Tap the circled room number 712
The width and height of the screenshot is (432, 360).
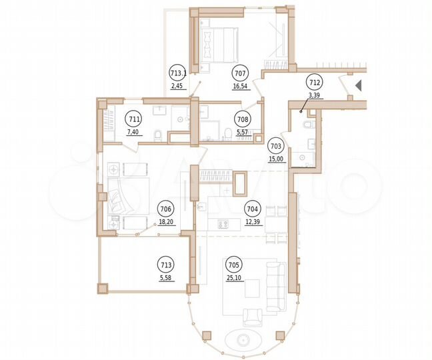tap(314, 83)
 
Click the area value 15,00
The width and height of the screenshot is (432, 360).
tap(275, 159)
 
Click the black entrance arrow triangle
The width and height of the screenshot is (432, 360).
tap(358, 85)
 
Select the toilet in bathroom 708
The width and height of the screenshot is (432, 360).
tap(228, 135)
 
